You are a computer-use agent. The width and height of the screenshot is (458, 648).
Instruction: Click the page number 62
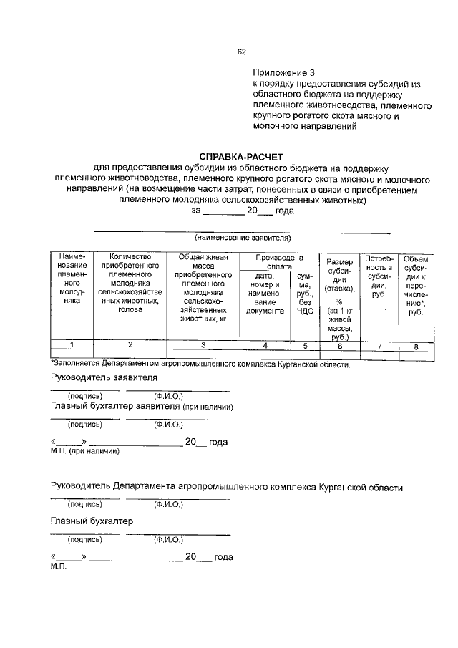pyautogui.click(x=241, y=52)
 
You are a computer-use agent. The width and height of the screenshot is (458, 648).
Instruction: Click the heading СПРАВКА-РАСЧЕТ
pyautogui.click(x=241, y=156)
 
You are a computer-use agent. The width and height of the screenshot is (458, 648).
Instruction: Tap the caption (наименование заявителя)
pyautogui.click(x=243, y=237)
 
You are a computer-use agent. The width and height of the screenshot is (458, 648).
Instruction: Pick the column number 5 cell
pyautogui.click(x=304, y=345)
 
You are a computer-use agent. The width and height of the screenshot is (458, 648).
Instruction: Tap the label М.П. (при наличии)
pyautogui.click(x=84, y=451)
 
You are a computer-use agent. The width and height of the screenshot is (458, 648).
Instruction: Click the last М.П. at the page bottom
pyautogui.click(x=58, y=566)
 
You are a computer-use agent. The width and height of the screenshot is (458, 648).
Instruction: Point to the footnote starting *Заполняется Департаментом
pyautogui.click(x=200, y=364)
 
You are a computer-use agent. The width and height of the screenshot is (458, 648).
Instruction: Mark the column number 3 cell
pyautogui.click(x=203, y=345)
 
